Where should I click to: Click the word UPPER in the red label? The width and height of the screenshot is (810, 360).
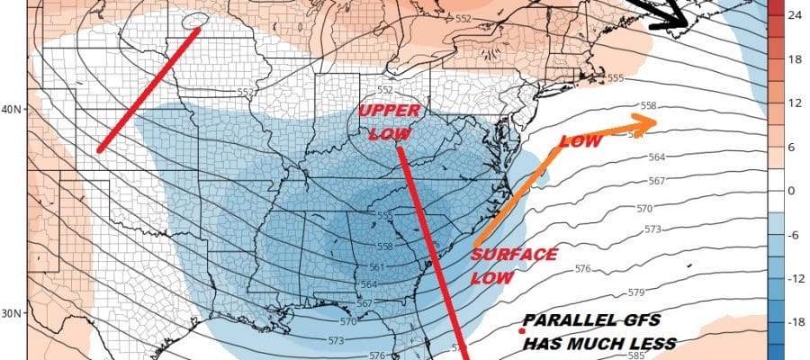coord(384,111)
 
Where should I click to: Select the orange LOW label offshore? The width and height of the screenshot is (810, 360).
coord(580,141)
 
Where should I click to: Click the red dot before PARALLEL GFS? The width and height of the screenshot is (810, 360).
coord(521,333)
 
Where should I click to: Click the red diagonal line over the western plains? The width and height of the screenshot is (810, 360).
coord(148,88)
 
